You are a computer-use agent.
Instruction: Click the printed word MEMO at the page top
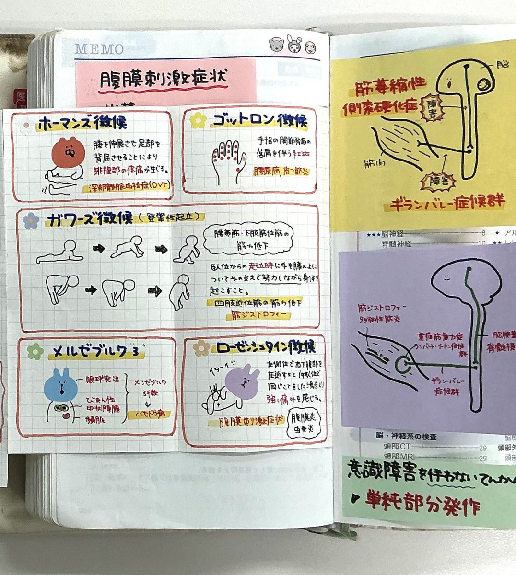[99, 49]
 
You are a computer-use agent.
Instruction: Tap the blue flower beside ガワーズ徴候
[31, 220]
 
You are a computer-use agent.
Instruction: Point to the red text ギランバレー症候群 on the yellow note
[447, 202]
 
